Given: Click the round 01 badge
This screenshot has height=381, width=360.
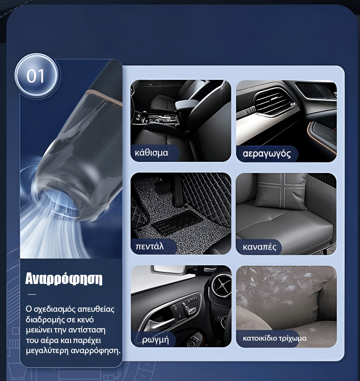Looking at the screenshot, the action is tap(36, 75).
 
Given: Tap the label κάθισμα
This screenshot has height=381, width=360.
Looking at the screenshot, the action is tap(151, 153).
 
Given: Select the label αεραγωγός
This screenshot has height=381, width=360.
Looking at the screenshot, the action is tap(266, 154).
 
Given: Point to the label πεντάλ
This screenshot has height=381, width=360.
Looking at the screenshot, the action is tap(150, 246).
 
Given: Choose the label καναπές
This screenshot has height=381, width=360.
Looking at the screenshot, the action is tap(259, 247).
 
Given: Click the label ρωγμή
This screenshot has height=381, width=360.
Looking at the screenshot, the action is tap(156, 340).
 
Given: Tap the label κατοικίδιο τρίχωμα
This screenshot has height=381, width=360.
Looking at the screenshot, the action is tap(275, 338).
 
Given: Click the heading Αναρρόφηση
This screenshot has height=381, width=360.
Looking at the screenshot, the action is tap(64, 279).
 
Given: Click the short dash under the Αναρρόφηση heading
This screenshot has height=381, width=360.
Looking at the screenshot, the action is tap(32, 294).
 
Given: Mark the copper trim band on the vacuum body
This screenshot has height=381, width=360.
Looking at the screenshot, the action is tap(104, 96).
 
